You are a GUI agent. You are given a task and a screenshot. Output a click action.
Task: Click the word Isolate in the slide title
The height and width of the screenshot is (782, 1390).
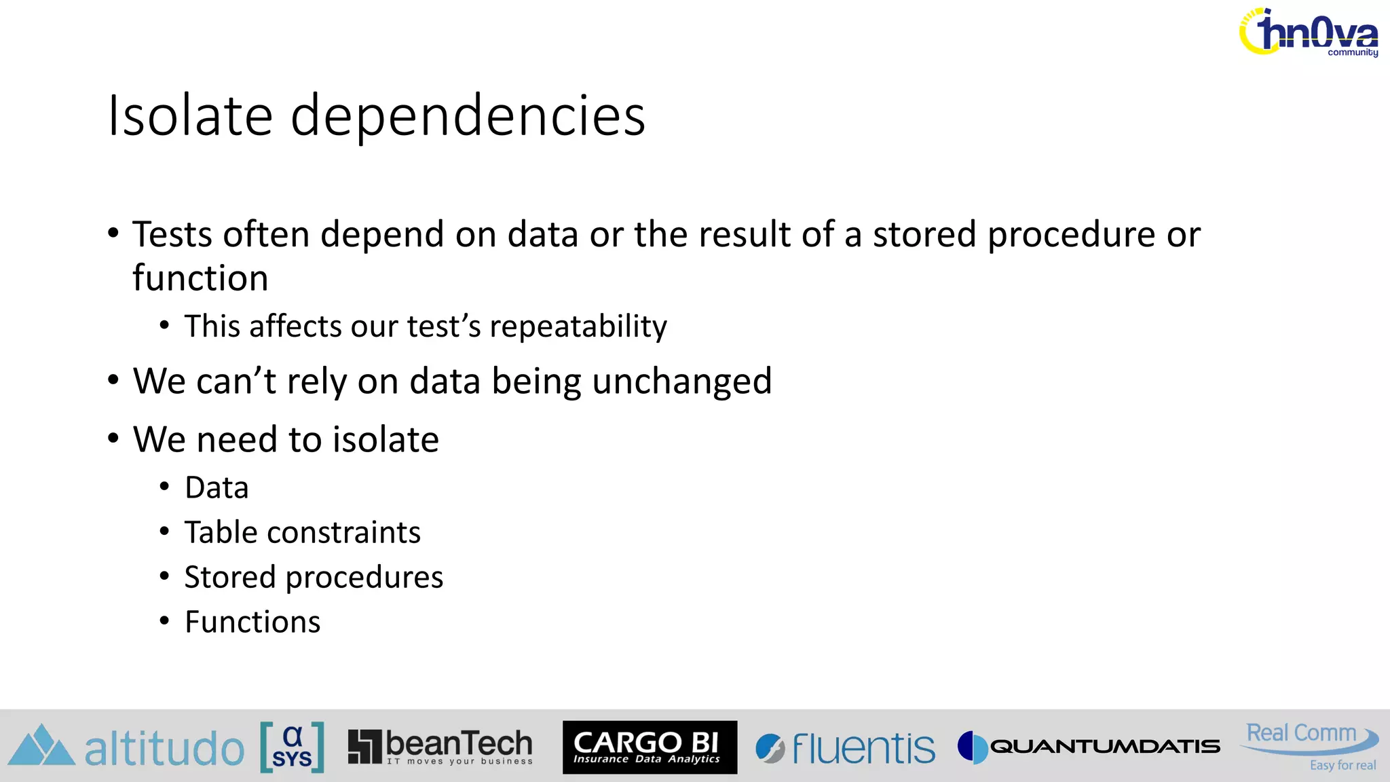point(191,115)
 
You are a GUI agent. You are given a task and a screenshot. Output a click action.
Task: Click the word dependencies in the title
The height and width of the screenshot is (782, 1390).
point(468,117)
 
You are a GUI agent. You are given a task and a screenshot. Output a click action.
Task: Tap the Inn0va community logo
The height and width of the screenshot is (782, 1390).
point(1309,33)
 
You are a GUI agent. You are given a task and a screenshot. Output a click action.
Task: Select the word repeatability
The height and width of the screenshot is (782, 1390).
point(578,327)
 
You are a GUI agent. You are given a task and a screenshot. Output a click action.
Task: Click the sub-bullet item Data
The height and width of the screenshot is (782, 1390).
point(217,487)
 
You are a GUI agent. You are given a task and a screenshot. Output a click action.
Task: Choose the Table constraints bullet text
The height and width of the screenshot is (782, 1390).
point(303,532)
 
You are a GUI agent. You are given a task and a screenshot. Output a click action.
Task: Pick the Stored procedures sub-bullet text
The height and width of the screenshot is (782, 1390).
point(314,577)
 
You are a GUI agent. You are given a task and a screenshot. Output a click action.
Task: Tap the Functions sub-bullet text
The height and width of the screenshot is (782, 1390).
point(252,622)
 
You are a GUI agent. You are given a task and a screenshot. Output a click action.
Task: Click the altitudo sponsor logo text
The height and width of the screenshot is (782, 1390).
point(164,749)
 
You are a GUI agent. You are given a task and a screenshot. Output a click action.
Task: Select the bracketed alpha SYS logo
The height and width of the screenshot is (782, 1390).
point(293,747)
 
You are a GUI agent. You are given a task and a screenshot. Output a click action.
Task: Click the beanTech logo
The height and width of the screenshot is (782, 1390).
point(440,747)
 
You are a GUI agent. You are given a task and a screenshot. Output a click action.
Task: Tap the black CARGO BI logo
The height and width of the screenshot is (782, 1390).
point(650,747)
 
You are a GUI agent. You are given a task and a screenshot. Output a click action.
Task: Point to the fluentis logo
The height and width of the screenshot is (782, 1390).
point(846,748)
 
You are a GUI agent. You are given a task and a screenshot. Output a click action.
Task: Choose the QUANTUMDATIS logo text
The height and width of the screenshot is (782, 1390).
point(1105,747)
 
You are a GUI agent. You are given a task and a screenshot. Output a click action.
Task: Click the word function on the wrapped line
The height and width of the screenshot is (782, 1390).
point(200,278)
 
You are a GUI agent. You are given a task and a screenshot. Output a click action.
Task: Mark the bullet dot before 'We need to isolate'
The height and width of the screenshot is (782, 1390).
point(113,439)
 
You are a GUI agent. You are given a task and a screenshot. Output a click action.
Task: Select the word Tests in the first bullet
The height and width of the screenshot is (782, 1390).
point(172,235)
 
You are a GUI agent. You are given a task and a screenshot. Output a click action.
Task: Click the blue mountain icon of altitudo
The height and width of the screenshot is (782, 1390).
point(41,746)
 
